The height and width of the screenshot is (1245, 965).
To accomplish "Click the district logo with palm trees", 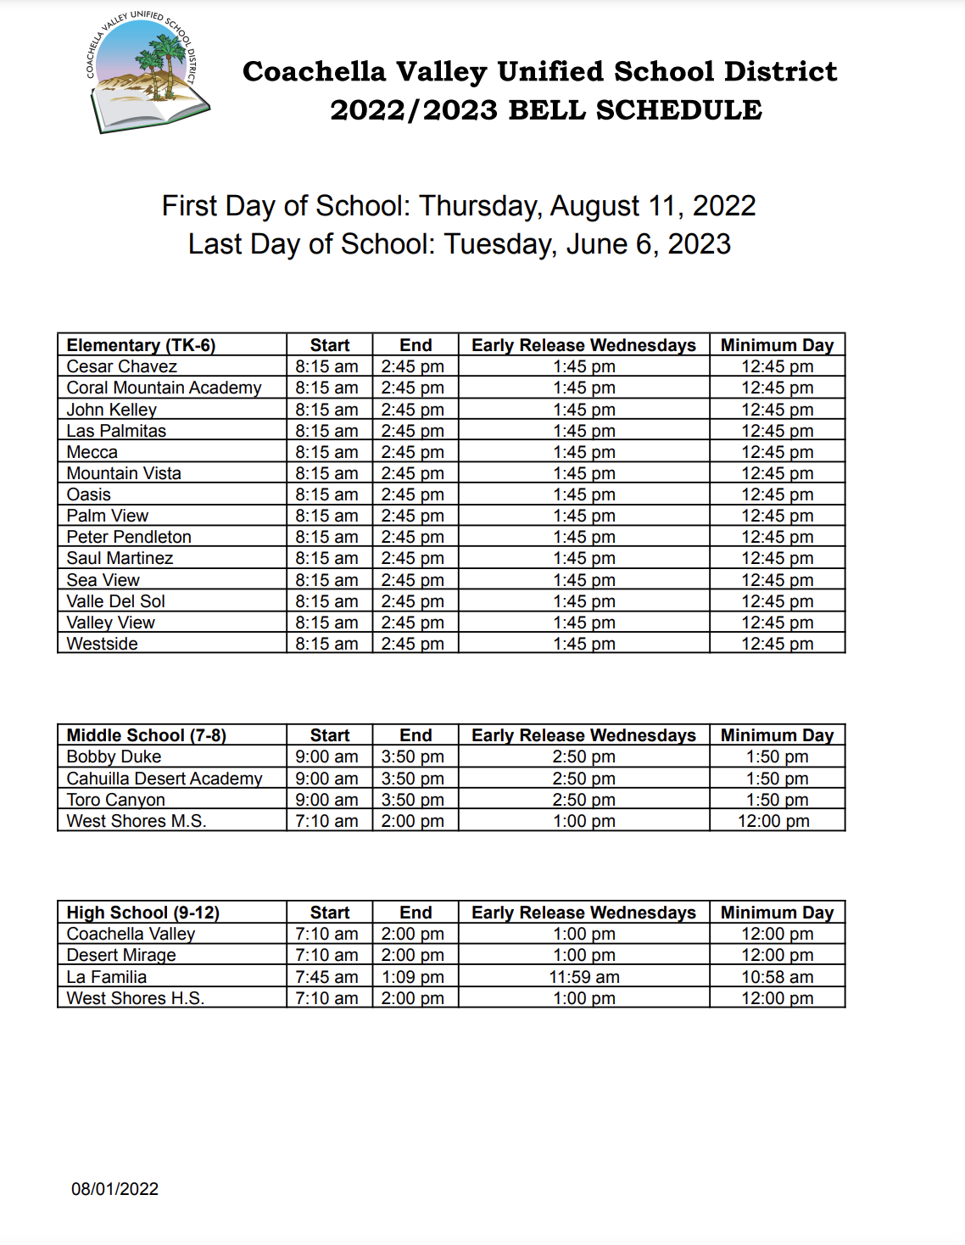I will click(147, 73).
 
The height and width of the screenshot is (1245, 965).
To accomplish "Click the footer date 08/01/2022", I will click(114, 1189).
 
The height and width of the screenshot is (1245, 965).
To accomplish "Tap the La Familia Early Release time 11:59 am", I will click(584, 977).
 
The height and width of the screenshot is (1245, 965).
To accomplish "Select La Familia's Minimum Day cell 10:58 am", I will click(777, 977).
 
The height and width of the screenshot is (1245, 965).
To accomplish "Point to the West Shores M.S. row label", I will click(137, 821).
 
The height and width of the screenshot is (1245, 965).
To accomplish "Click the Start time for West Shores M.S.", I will click(326, 821).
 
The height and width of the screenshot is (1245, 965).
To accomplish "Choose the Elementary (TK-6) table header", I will click(141, 345).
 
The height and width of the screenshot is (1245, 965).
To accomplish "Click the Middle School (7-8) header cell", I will click(146, 735).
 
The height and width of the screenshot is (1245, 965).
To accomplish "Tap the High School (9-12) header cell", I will click(142, 913).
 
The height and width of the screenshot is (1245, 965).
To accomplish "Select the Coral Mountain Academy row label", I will click(164, 388).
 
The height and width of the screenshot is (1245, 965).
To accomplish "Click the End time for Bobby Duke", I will click(413, 756).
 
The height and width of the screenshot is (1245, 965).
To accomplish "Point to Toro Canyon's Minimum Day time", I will click(777, 800).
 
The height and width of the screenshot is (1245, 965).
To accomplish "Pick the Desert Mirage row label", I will click(121, 955).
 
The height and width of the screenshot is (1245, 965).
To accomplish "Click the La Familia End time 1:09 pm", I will click(413, 977).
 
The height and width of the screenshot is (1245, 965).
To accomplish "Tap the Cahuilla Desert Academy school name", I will click(165, 779).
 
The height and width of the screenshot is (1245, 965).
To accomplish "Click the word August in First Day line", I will click(595, 206).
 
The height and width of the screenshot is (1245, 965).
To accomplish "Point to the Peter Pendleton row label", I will click(129, 537).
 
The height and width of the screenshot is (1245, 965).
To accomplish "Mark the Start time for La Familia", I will click(326, 977).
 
